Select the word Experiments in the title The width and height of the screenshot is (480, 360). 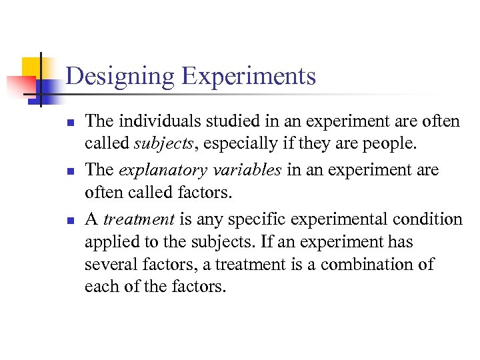248,76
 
